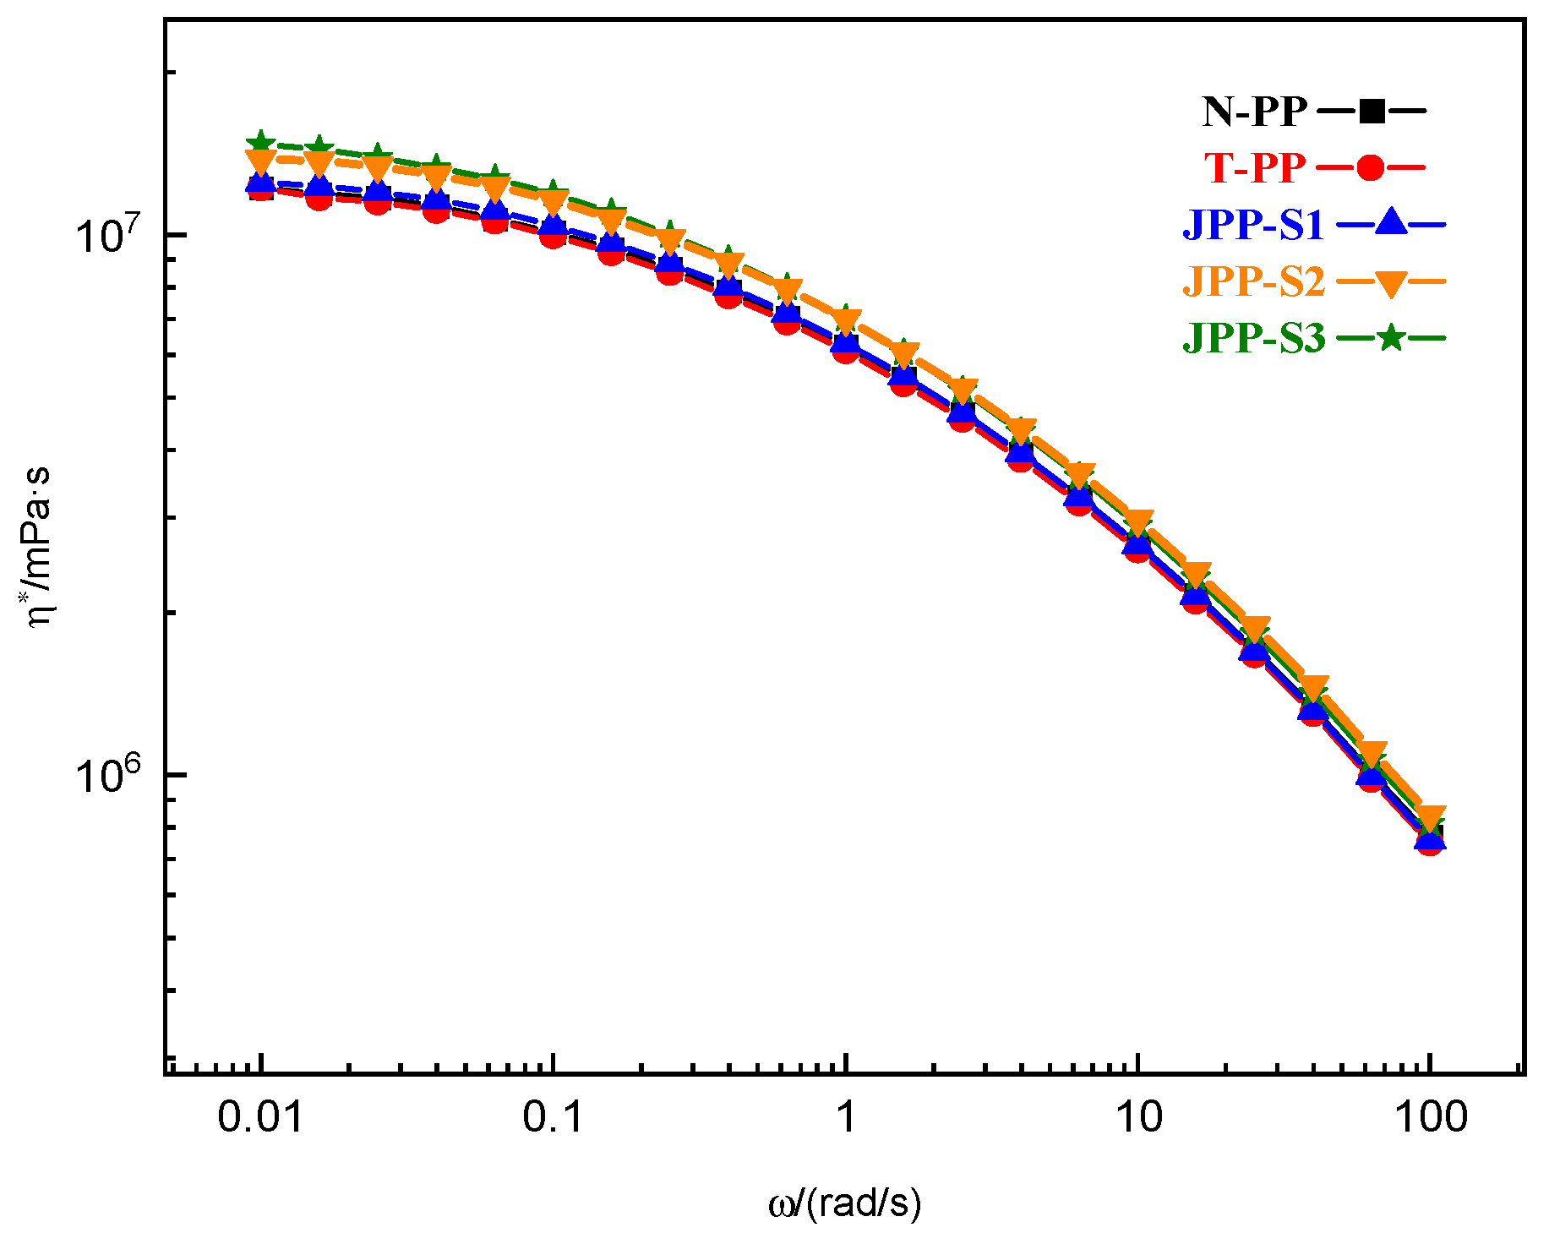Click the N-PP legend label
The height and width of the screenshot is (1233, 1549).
tap(1254, 112)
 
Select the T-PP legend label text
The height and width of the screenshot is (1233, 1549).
tap(1254, 168)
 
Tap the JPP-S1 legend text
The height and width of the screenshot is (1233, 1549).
tap(1252, 225)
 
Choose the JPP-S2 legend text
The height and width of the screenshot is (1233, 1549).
tap(1252, 281)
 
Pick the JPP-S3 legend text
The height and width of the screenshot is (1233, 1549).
tap(1252, 338)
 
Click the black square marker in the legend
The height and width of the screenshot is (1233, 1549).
tap(1372, 111)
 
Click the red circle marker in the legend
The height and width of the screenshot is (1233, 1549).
tap(1370, 168)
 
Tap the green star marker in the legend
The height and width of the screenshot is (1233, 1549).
tap(1390, 339)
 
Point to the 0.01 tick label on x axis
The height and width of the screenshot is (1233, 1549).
tap(260, 1117)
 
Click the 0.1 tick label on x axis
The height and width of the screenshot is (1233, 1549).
tap(553, 1117)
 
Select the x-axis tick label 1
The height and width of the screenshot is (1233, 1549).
tap(846, 1117)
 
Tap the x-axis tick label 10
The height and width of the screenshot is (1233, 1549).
tap(1138, 1117)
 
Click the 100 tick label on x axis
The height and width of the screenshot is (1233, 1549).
tap(1430, 1117)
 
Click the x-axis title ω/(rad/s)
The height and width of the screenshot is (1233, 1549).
tap(844, 1203)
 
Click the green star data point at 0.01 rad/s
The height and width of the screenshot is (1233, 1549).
tap(261, 140)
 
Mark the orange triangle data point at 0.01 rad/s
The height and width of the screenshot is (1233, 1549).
tap(260, 161)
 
